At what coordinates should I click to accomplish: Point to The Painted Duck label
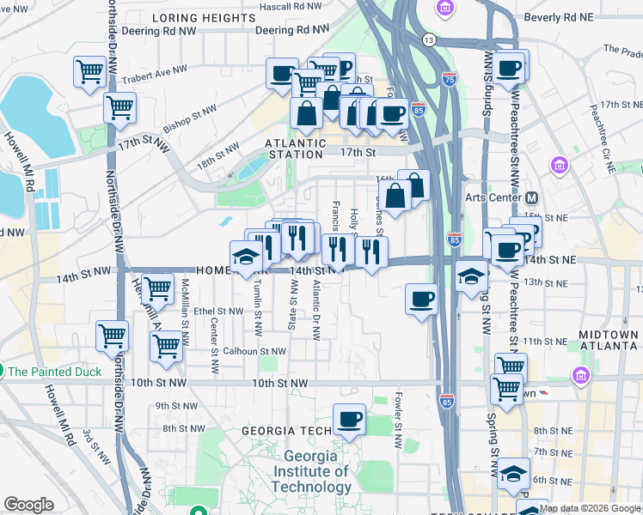[54, 372]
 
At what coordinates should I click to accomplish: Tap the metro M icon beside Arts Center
[531, 197]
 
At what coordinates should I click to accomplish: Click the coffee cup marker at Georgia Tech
[349, 419]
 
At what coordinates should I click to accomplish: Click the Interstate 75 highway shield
[450, 78]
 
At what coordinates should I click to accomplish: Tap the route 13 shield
[429, 40]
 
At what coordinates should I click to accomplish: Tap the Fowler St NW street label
[398, 421]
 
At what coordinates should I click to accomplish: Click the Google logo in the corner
[29, 505]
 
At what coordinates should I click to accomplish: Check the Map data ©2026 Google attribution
[590, 508]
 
